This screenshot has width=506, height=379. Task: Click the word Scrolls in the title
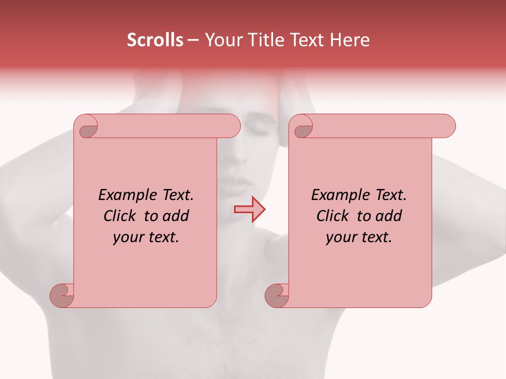pyautogui.click(x=155, y=40)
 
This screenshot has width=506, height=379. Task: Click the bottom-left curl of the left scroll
pyautogui.click(x=61, y=295)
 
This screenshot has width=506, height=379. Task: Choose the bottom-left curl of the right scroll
pyautogui.click(x=276, y=295)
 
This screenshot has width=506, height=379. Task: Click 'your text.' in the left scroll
pyautogui.click(x=146, y=237)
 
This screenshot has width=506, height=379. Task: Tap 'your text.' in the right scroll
pyautogui.click(x=359, y=237)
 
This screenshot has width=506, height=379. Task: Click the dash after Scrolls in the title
pyautogui.click(x=193, y=40)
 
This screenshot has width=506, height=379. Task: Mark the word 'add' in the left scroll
pyautogui.click(x=176, y=216)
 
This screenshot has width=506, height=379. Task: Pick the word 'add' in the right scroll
pyautogui.click(x=388, y=216)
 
